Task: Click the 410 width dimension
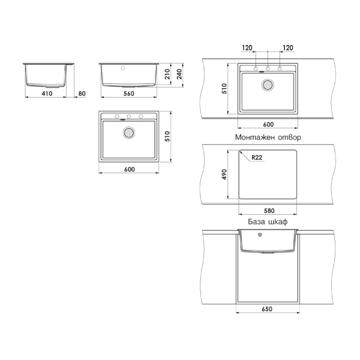pyautogui.click(x=47, y=94)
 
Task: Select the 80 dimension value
pyautogui.click(x=82, y=94)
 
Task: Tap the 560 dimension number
pyautogui.click(x=129, y=94)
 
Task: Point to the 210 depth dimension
pyautogui.click(x=167, y=74)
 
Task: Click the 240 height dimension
pyautogui.click(x=179, y=74)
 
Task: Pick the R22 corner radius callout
pyautogui.click(x=257, y=157)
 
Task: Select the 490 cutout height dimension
pyautogui.click(x=224, y=174)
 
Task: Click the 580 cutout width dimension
pyautogui.click(x=269, y=211)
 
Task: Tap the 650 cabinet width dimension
pyautogui.click(x=267, y=309)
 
